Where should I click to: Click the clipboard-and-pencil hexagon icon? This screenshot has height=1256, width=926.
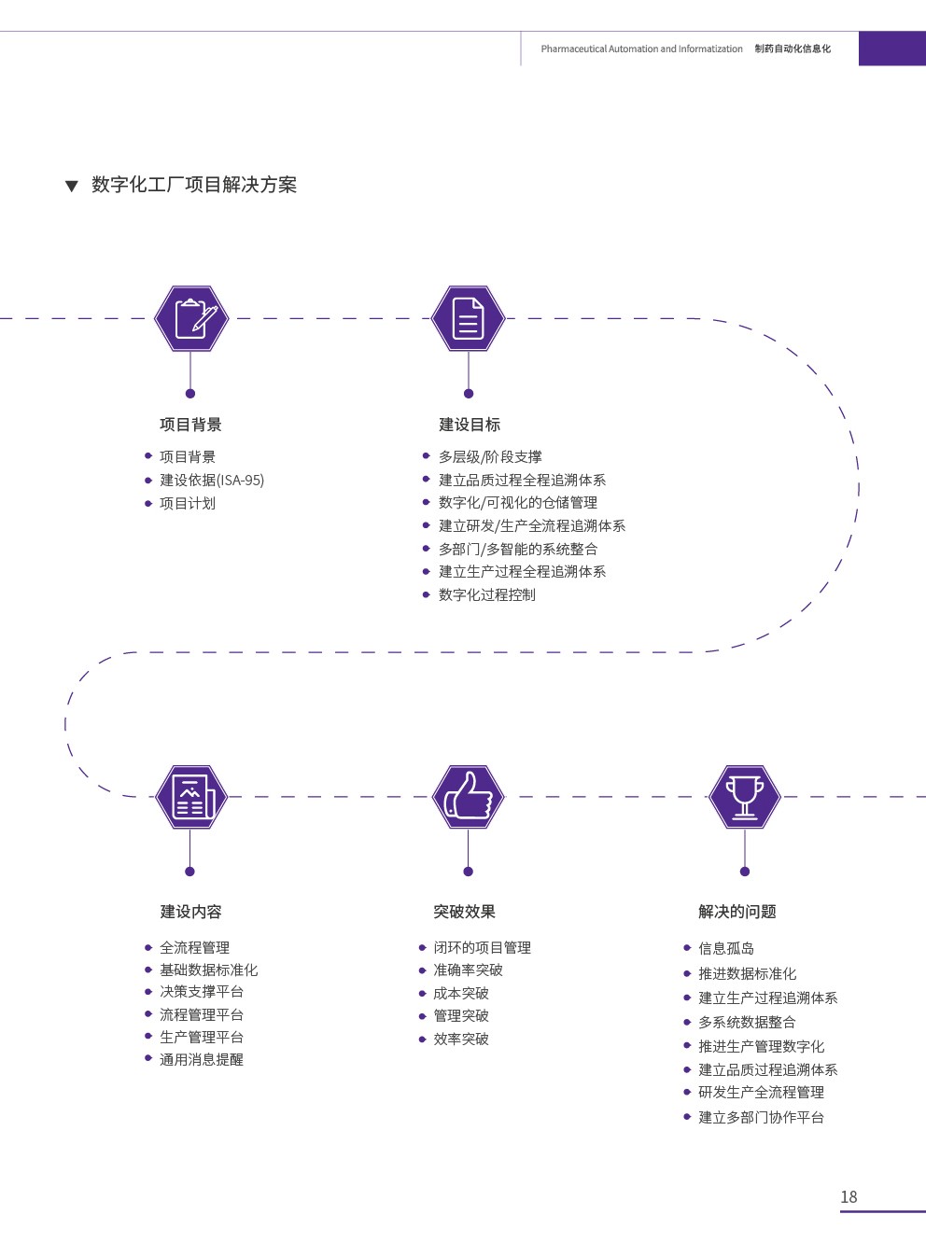tap(191, 318)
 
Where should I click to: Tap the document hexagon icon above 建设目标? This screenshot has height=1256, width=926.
tap(468, 318)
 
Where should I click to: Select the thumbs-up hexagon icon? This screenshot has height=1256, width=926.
tap(468, 797)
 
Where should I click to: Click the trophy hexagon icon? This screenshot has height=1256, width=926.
tap(744, 797)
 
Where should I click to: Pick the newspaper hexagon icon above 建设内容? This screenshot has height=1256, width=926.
tap(191, 797)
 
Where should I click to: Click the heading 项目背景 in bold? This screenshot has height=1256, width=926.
tap(190, 425)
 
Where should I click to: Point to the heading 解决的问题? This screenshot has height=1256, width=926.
tap(737, 912)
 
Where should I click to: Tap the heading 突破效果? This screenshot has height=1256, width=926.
tap(464, 912)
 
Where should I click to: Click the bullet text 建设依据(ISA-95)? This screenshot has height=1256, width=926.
tap(212, 480)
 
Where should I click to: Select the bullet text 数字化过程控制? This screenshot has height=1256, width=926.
tap(486, 594)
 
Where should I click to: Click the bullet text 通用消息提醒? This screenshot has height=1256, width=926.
tap(201, 1059)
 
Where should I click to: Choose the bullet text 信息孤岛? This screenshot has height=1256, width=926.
tap(726, 948)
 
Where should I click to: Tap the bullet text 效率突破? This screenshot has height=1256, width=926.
tap(461, 1039)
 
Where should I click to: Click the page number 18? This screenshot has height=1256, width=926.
tap(849, 1196)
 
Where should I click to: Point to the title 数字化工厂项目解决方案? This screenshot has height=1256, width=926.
tap(194, 185)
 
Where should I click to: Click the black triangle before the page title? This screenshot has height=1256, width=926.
tap(71, 186)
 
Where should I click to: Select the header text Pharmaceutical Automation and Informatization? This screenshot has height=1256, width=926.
tap(641, 49)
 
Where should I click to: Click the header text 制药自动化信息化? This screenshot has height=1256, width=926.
tap(793, 49)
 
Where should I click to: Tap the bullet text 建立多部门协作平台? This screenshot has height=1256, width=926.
tap(761, 1117)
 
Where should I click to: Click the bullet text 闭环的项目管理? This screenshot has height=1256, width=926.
tap(482, 947)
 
